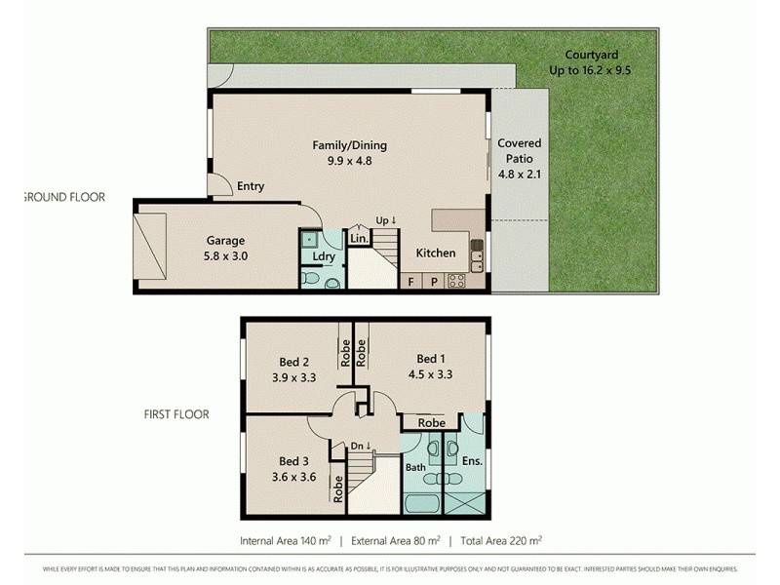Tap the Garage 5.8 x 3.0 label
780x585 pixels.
pyautogui.click(x=225, y=248)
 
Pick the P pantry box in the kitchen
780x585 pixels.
pyautogui.click(x=434, y=282)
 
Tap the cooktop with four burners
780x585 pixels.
pyautogui.click(x=456, y=282)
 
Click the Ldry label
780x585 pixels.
pyautogui.click(x=325, y=256)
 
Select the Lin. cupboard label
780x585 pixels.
pyautogui.click(x=358, y=238)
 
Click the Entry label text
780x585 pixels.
pyautogui.click(x=251, y=186)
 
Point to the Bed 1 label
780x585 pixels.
pyautogui.click(x=429, y=365)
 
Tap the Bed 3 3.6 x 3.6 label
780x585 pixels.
pyautogui.click(x=292, y=469)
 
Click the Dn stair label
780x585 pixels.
pyautogui.click(x=362, y=446)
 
